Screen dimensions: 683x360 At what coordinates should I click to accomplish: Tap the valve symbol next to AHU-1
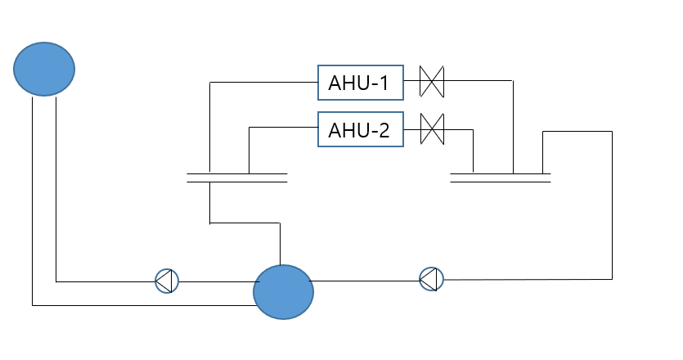[x=432, y=82]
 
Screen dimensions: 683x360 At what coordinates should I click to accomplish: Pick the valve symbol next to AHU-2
[x=432, y=129]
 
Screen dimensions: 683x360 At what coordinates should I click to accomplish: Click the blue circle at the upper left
[x=44, y=69]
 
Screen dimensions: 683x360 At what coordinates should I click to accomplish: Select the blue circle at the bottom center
[x=283, y=292]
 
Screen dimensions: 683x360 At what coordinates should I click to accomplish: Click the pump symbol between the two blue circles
[x=167, y=281]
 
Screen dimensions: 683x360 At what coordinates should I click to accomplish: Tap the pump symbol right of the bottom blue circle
[x=431, y=279]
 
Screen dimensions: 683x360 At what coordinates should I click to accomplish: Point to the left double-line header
[x=237, y=178]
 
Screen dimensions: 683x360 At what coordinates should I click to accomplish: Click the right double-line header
[x=500, y=178]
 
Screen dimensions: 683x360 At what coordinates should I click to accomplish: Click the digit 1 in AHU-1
[x=384, y=83]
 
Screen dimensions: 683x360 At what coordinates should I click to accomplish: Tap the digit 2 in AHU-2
[x=384, y=130]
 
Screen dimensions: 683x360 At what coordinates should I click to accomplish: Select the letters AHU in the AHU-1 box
[x=347, y=83]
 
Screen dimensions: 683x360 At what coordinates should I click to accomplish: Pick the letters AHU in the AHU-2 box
[x=347, y=130]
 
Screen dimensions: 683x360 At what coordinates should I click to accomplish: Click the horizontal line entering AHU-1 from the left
[x=264, y=82]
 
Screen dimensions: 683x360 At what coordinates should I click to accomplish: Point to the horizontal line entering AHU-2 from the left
[x=284, y=128]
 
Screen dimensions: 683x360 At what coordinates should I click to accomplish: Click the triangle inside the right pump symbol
[x=429, y=279]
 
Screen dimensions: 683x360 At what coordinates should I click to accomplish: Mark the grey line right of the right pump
[x=528, y=279]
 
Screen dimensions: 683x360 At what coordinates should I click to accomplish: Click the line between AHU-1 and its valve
[x=412, y=81]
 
